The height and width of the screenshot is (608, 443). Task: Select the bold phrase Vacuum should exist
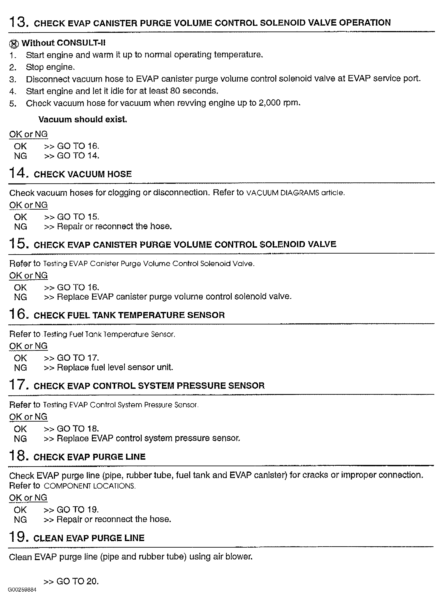[x=83, y=119]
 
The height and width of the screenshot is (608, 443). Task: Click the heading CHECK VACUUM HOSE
[x=83, y=174]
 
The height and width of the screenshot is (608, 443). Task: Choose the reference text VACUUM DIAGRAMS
[x=282, y=193]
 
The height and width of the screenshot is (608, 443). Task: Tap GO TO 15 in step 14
[x=78, y=217]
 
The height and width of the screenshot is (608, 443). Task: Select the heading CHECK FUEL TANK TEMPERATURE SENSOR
[x=129, y=315]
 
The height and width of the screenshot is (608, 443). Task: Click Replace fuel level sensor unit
[x=115, y=367]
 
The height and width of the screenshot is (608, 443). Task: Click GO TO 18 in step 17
[x=78, y=429]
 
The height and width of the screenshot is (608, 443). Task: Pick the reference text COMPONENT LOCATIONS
[x=90, y=486]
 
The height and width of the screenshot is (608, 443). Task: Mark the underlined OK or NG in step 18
[x=28, y=498]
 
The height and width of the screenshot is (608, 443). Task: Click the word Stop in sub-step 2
[x=35, y=67]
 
